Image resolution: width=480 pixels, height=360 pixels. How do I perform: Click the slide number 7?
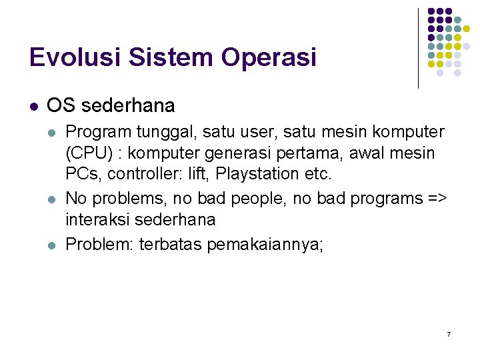click(449, 333)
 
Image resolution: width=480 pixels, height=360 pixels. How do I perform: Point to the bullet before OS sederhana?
click(33, 106)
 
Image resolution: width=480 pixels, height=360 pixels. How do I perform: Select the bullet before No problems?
click(53, 199)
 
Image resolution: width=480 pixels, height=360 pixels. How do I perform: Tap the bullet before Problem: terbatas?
click(53, 245)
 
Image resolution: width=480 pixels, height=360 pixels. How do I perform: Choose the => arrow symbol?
click(437, 199)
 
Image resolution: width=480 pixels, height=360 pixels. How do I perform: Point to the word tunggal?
click(151, 131)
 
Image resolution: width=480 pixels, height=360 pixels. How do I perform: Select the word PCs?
click(81, 175)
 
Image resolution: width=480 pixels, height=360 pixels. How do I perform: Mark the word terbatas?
click(174, 245)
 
